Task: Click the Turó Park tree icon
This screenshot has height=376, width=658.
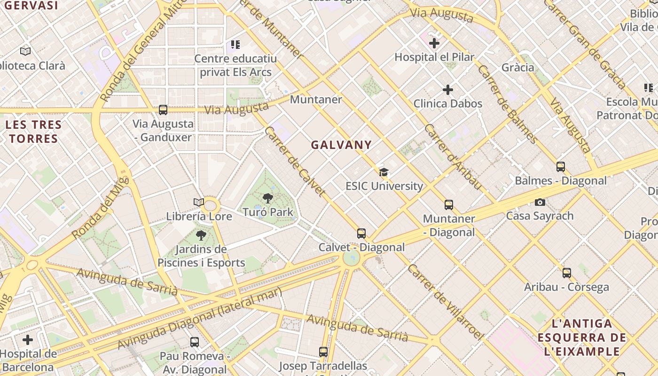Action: click(x=268, y=198)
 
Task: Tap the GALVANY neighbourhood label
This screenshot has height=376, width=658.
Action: click(x=341, y=145)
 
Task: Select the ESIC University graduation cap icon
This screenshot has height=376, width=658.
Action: click(x=384, y=172)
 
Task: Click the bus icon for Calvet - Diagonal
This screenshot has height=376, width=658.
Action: click(x=361, y=233)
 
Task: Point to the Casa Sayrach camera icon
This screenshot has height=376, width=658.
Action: click(x=540, y=202)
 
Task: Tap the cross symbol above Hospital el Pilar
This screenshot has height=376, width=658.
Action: click(x=434, y=43)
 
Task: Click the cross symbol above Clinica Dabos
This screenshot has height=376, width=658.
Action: click(x=448, y=89)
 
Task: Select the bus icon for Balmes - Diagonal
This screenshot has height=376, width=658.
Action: click(x=560, y=166)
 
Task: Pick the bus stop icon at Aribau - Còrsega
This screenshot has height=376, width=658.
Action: click(x=567, y=273)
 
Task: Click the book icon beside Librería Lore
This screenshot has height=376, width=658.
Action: click(x=199, y=202)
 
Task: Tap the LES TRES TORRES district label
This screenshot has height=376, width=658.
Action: click(x=34, y=132)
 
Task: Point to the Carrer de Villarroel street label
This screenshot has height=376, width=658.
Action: click(x=445, y=302)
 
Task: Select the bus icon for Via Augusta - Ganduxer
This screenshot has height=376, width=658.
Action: click(x=163, y=110)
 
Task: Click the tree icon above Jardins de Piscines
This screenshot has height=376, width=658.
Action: click(x=201, y=235)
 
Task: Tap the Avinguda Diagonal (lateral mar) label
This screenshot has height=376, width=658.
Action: click(x=199, y=318)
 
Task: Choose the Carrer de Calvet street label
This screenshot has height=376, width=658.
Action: click(x=295, y=161)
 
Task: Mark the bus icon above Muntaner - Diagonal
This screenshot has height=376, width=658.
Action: click(x=449, y=205)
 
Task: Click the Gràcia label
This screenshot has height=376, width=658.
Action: click(x=518, y=67)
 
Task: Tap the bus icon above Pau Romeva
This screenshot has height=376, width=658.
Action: click(x=194, y=342)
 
